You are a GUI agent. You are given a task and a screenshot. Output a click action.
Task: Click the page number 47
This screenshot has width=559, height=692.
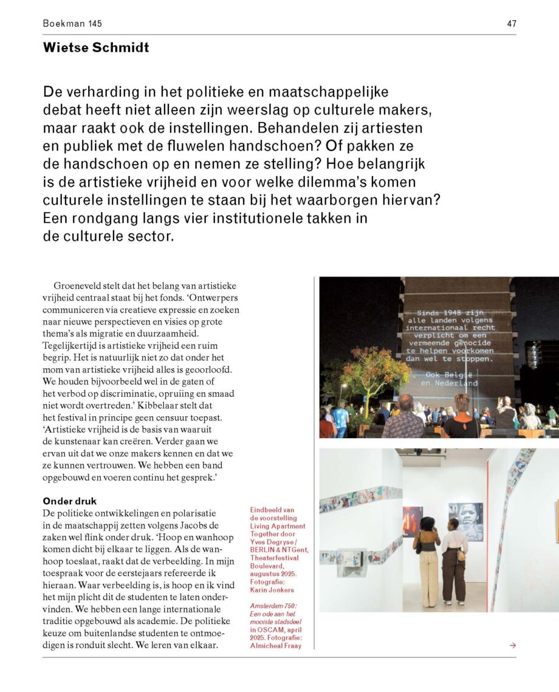click(512, 24)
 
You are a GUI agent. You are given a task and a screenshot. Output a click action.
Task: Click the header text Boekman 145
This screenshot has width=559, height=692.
click(72, 24)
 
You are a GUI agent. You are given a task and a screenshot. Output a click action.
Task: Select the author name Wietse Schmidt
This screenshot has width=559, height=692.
click(96, 47)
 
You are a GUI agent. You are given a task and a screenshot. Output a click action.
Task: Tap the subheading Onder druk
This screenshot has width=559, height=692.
click(70, 501)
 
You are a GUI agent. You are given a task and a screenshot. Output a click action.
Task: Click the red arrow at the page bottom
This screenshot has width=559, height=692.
click(513, 645)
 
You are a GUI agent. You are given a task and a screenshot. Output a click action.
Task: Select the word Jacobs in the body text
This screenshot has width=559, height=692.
click(191, 525)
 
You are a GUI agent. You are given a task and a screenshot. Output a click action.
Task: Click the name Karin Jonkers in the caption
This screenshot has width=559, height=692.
click(272, 590)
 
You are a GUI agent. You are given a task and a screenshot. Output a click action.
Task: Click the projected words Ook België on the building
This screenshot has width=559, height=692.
click(450, 375)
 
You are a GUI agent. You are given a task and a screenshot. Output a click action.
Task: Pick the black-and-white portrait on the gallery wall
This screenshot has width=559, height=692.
click(465, 521)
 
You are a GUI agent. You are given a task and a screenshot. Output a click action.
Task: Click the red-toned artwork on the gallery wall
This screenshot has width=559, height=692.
click(413, 521)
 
